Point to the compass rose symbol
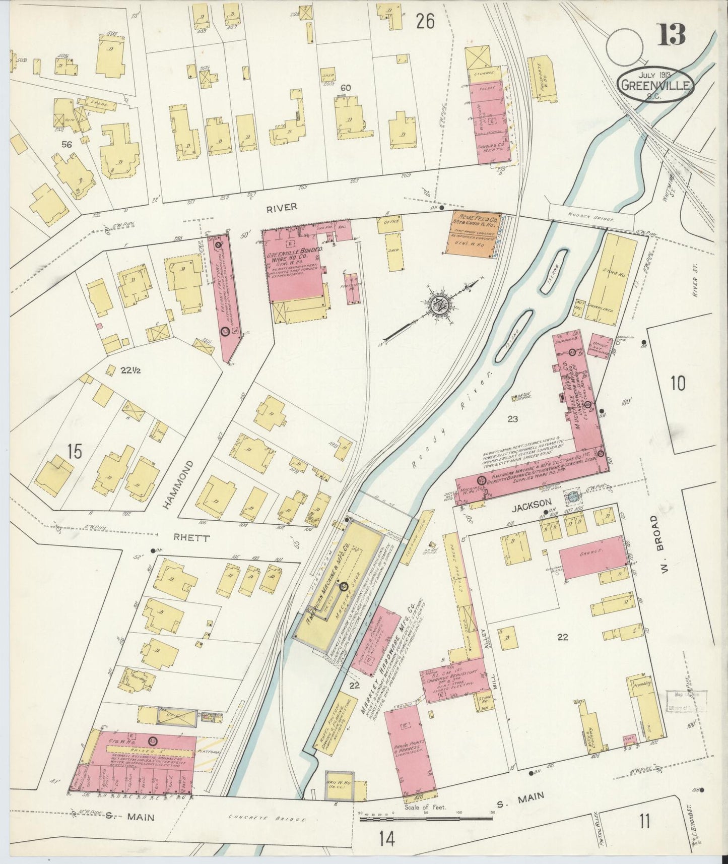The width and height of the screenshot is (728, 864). pos(436,305)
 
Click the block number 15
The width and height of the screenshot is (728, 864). pos(74,452)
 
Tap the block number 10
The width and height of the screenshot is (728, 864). pos(678,384)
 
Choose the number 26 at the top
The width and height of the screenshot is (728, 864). pos(425,22)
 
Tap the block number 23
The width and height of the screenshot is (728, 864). pos(513,419)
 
